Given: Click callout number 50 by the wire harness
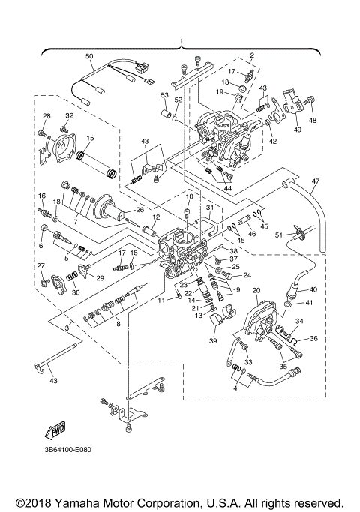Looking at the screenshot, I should point(89,57).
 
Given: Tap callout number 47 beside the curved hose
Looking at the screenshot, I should point(316,181).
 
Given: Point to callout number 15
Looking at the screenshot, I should point(90,138).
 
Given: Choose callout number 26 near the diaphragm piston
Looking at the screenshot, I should point(139,210).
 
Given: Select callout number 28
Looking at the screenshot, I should point(46,116).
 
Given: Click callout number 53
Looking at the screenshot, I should point(164,95).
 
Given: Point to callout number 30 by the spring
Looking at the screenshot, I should point(75,292).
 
